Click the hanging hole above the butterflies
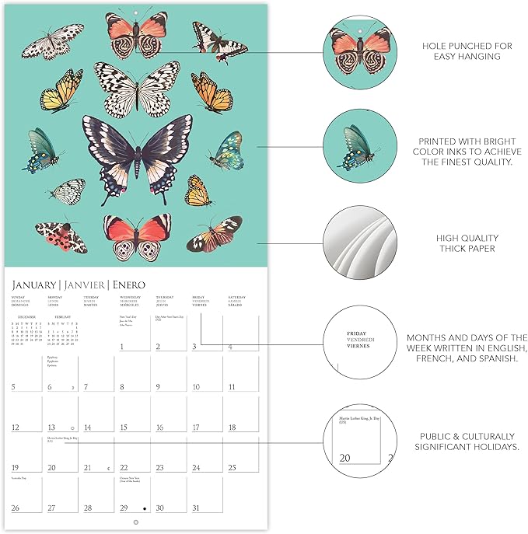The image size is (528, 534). (x=137, y=12)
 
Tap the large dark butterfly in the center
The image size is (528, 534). (x=138, y=150)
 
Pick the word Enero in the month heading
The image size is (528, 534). (x=127, y=284)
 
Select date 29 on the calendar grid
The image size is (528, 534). (x=124, y=508)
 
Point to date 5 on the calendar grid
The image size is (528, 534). (x=14, y=386)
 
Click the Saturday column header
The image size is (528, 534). (x=236, y=297)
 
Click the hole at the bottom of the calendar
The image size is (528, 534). (x=137, y=522)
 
